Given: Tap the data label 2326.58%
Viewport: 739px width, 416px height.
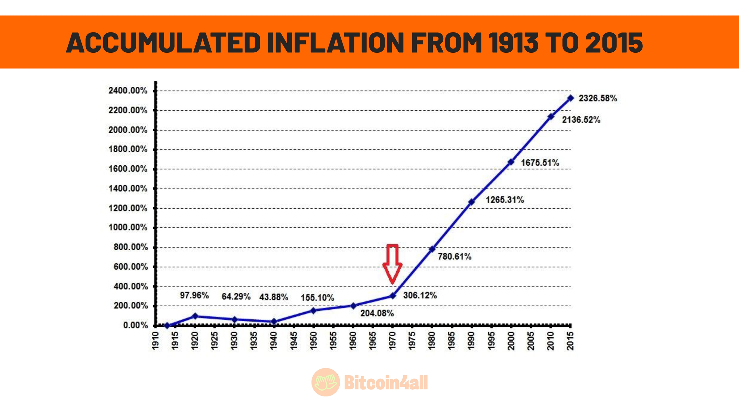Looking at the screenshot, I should pos(598,98).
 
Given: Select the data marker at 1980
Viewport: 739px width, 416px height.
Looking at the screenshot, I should pos(432,249).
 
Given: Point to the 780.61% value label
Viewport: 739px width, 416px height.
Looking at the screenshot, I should pos(454,257).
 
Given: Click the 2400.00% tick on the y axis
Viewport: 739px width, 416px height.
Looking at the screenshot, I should pos(128,91).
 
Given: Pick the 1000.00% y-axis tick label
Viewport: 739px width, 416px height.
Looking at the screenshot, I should pos(128,228).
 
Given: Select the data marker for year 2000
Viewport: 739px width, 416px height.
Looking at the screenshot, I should pos(511,162).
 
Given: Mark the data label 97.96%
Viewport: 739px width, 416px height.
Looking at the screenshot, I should pos(194,295).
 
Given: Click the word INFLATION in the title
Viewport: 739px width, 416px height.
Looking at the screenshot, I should pos(335,43).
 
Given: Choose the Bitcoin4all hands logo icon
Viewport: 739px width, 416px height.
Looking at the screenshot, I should pos(326,382).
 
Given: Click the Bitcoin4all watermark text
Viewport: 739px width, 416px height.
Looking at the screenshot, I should pos(386,383).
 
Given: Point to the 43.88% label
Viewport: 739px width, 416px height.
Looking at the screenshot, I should pos(274,297).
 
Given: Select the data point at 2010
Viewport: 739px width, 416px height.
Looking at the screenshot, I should pos(551,117).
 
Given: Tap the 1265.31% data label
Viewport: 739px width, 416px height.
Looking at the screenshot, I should pos(505,200).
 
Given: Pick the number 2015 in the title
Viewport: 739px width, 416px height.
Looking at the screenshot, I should pos(614,43).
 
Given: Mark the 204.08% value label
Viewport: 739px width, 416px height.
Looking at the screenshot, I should pos(377,313).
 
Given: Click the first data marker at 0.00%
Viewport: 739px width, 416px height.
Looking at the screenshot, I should pos(167,325).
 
